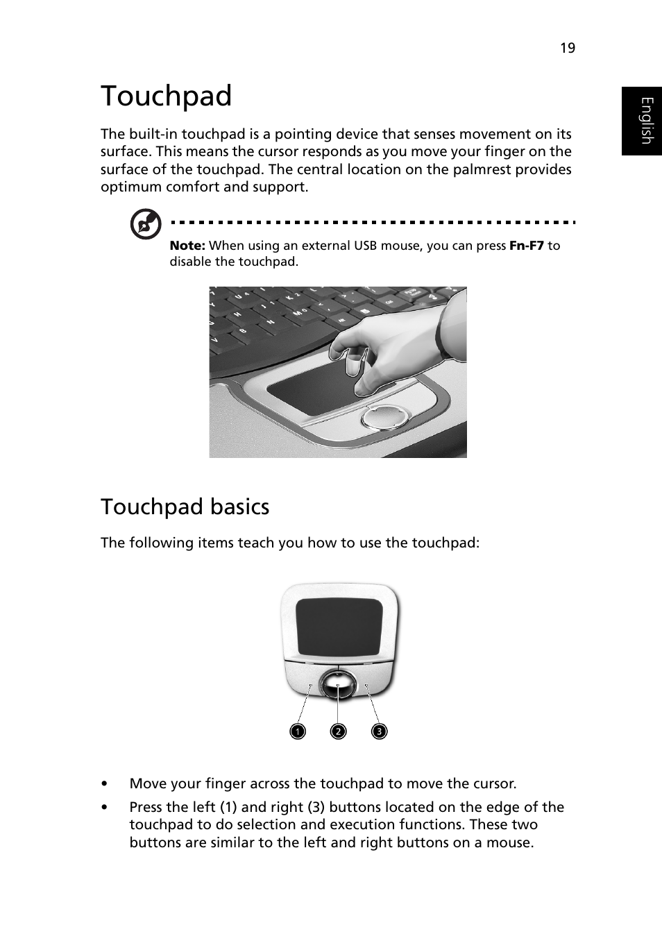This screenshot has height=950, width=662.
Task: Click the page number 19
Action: click(x=568, y=48)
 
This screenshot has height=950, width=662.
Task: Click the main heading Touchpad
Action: click(x=167, y=96)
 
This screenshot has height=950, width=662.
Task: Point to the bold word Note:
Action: click(x=187, y=246)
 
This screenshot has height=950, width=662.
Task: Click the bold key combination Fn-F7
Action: click(x=527, y=246)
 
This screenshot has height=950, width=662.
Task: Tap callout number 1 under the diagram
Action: click(x=298, y=731)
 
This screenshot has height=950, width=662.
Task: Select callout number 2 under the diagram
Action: click(x=338, y=731)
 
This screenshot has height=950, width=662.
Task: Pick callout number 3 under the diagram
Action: click(x=379, y=731)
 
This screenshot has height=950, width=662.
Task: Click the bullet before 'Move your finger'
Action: click(x=104, y=784)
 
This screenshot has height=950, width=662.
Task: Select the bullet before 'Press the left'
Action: click(x=104, y=808)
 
